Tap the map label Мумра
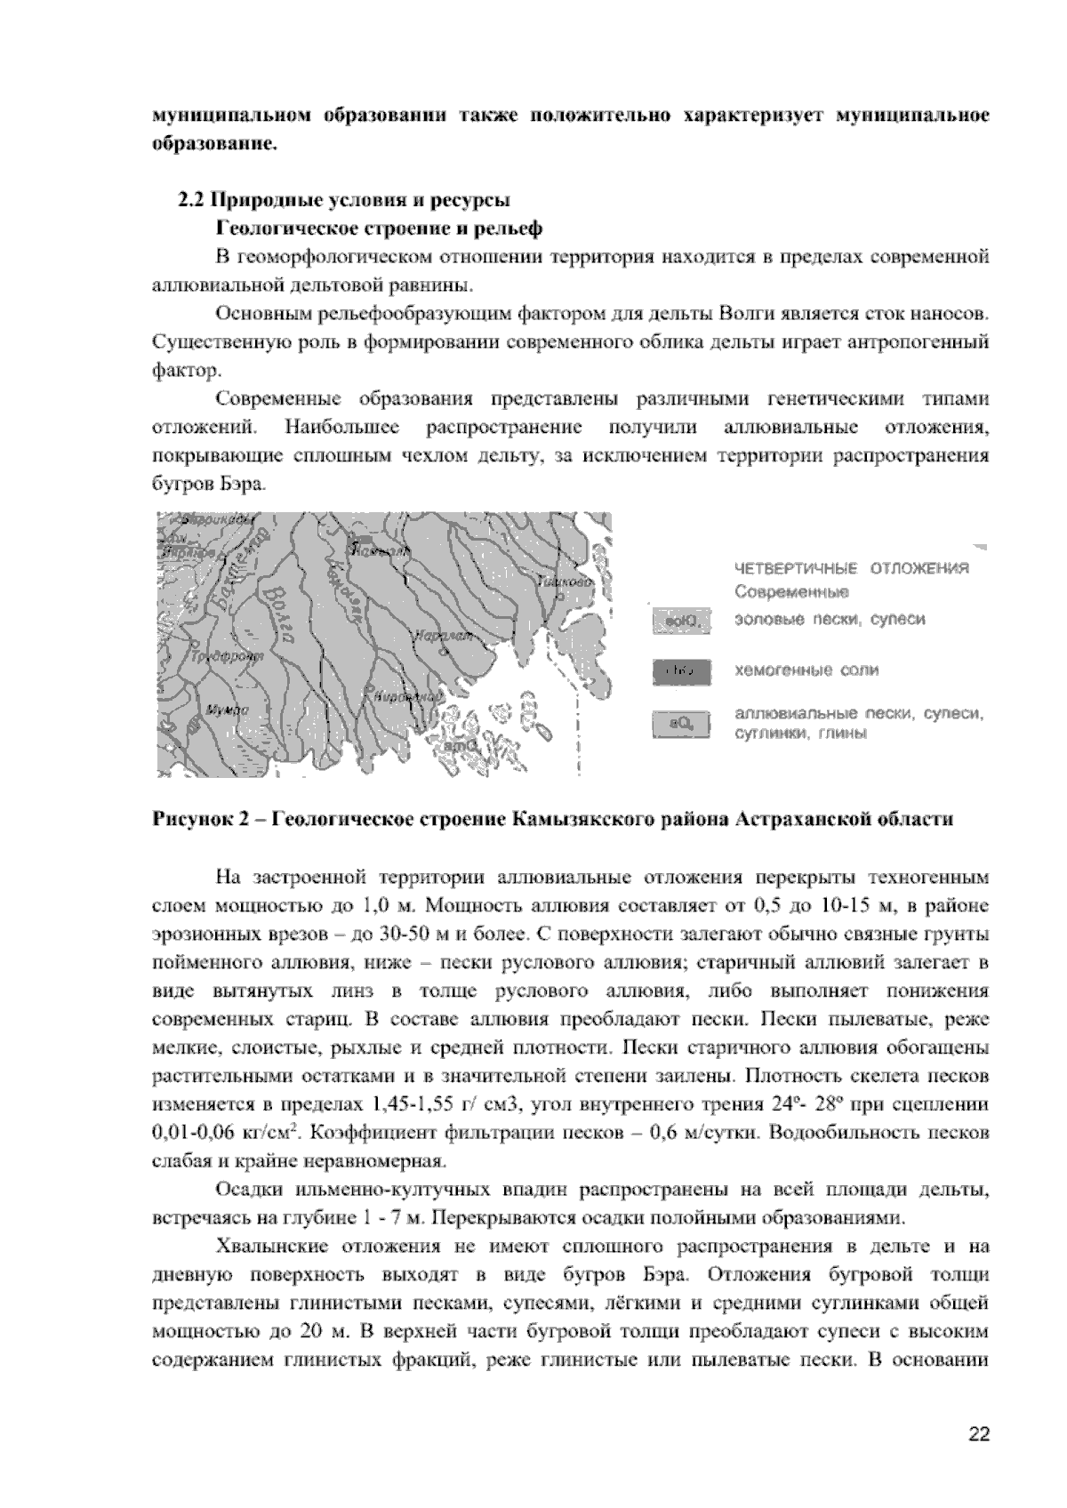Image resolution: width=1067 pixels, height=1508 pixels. (x=228, y=709)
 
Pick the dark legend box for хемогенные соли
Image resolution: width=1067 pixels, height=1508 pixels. (x=682, y=672)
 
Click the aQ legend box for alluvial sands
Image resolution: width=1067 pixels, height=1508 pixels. (x=682, y=726)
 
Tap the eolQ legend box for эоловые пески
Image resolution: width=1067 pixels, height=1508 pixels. (x=682, y=621)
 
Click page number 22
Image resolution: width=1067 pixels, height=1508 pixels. (x=979, y=1434)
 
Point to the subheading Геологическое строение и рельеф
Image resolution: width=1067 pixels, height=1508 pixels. (x=380, y=228)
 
